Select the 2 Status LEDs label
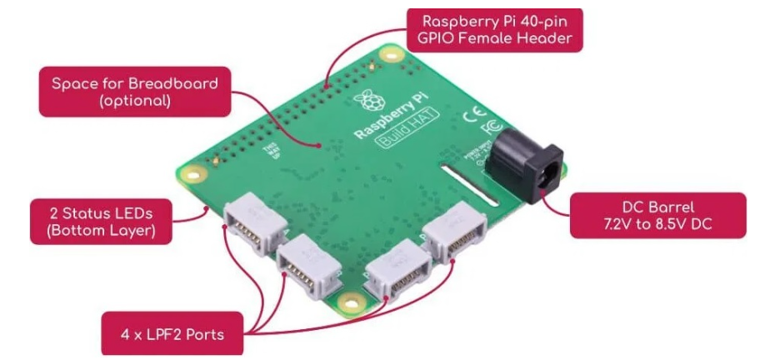pyautogui.click(x=102, y=220)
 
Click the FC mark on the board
pyautogui.click(x=492, y=129)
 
